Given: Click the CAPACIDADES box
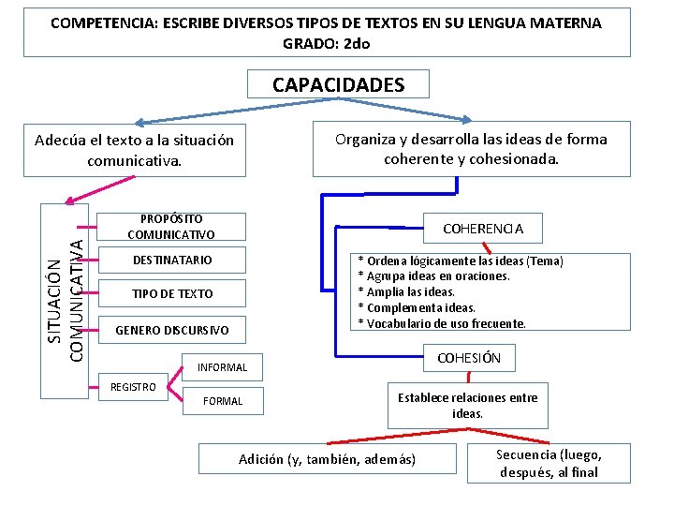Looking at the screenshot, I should pos(338,85).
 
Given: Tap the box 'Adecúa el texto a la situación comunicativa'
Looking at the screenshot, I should pos(134,150).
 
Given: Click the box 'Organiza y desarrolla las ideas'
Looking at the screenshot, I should pos(471,149).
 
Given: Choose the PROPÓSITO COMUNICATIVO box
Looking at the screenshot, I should pos(171,226).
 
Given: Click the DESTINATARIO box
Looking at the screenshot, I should pos(171,260).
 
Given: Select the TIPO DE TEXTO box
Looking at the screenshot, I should pos(171,293).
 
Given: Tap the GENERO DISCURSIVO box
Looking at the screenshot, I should pos(171,330).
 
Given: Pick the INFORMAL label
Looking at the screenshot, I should pos(222,367).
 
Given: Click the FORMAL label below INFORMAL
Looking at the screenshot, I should pos(223,401).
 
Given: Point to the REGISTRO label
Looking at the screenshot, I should pos(133,387).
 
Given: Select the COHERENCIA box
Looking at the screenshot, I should pos(482,228).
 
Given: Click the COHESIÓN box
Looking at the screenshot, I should pos(469,357).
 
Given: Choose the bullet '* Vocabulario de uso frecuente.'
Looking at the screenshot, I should pos(443,323).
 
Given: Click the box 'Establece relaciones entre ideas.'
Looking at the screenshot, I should pos(468,405).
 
